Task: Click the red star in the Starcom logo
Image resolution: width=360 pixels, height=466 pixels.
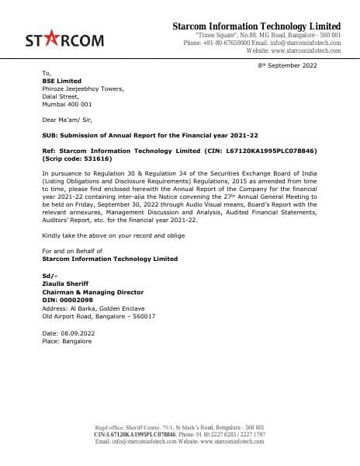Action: point(59,37)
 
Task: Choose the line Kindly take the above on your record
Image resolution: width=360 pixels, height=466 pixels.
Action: point(113,235)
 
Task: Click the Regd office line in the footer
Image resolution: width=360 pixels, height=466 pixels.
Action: point(179,428)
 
